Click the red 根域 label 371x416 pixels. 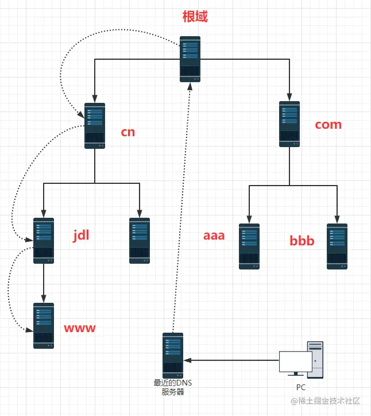[195, 17]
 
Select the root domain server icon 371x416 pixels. [190, 59]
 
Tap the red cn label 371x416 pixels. [128, 132]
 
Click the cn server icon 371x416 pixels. [95, 126]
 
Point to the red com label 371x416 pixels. [329, 125]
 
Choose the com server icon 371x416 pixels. [289, 124]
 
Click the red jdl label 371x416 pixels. [81, 236]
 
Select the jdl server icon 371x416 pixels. [44, 241]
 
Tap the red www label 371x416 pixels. [80, 329]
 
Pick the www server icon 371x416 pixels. [44, 326]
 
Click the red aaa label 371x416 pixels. [214, 236]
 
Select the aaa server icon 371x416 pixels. [249, 246]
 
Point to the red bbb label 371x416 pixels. [302, 241]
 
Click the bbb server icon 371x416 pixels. [337, 246]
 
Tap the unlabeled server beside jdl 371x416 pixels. [140, 241]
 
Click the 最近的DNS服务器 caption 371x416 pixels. [173, 387]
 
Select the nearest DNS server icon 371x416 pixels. [173, 356]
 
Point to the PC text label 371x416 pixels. [301, 387]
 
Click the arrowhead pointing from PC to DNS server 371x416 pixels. [187, 360]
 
